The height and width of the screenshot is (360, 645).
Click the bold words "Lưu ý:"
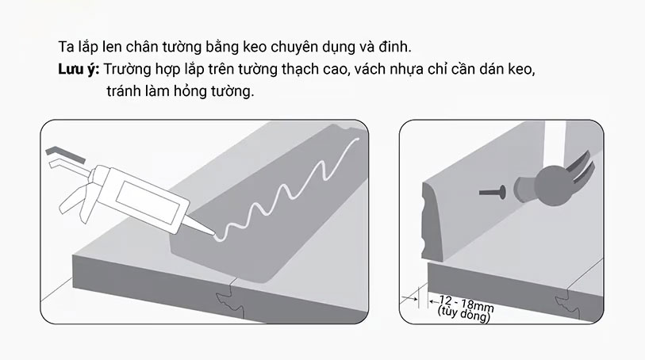coord(79,70)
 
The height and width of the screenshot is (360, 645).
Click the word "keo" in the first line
coord(255,47)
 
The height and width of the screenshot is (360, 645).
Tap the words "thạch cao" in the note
coord(316,69)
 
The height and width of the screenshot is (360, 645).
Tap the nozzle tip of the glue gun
coord(213,234)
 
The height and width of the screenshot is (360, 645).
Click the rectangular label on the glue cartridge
coord(148,203)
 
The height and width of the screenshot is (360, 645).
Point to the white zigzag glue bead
coord(288,190)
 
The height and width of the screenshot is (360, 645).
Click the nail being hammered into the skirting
coord(493,192)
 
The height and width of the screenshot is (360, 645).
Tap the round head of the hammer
coord(552,186)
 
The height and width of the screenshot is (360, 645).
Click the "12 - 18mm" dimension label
coord(466,303)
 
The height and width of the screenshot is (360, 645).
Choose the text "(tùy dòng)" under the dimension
coord(464,313)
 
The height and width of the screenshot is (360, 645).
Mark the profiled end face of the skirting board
coord(430,221)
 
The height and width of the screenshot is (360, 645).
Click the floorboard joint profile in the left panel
coord(229,301)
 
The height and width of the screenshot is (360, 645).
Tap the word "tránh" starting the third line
coord(124,91)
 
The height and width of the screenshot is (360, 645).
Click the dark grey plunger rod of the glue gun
coord(66,154)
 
